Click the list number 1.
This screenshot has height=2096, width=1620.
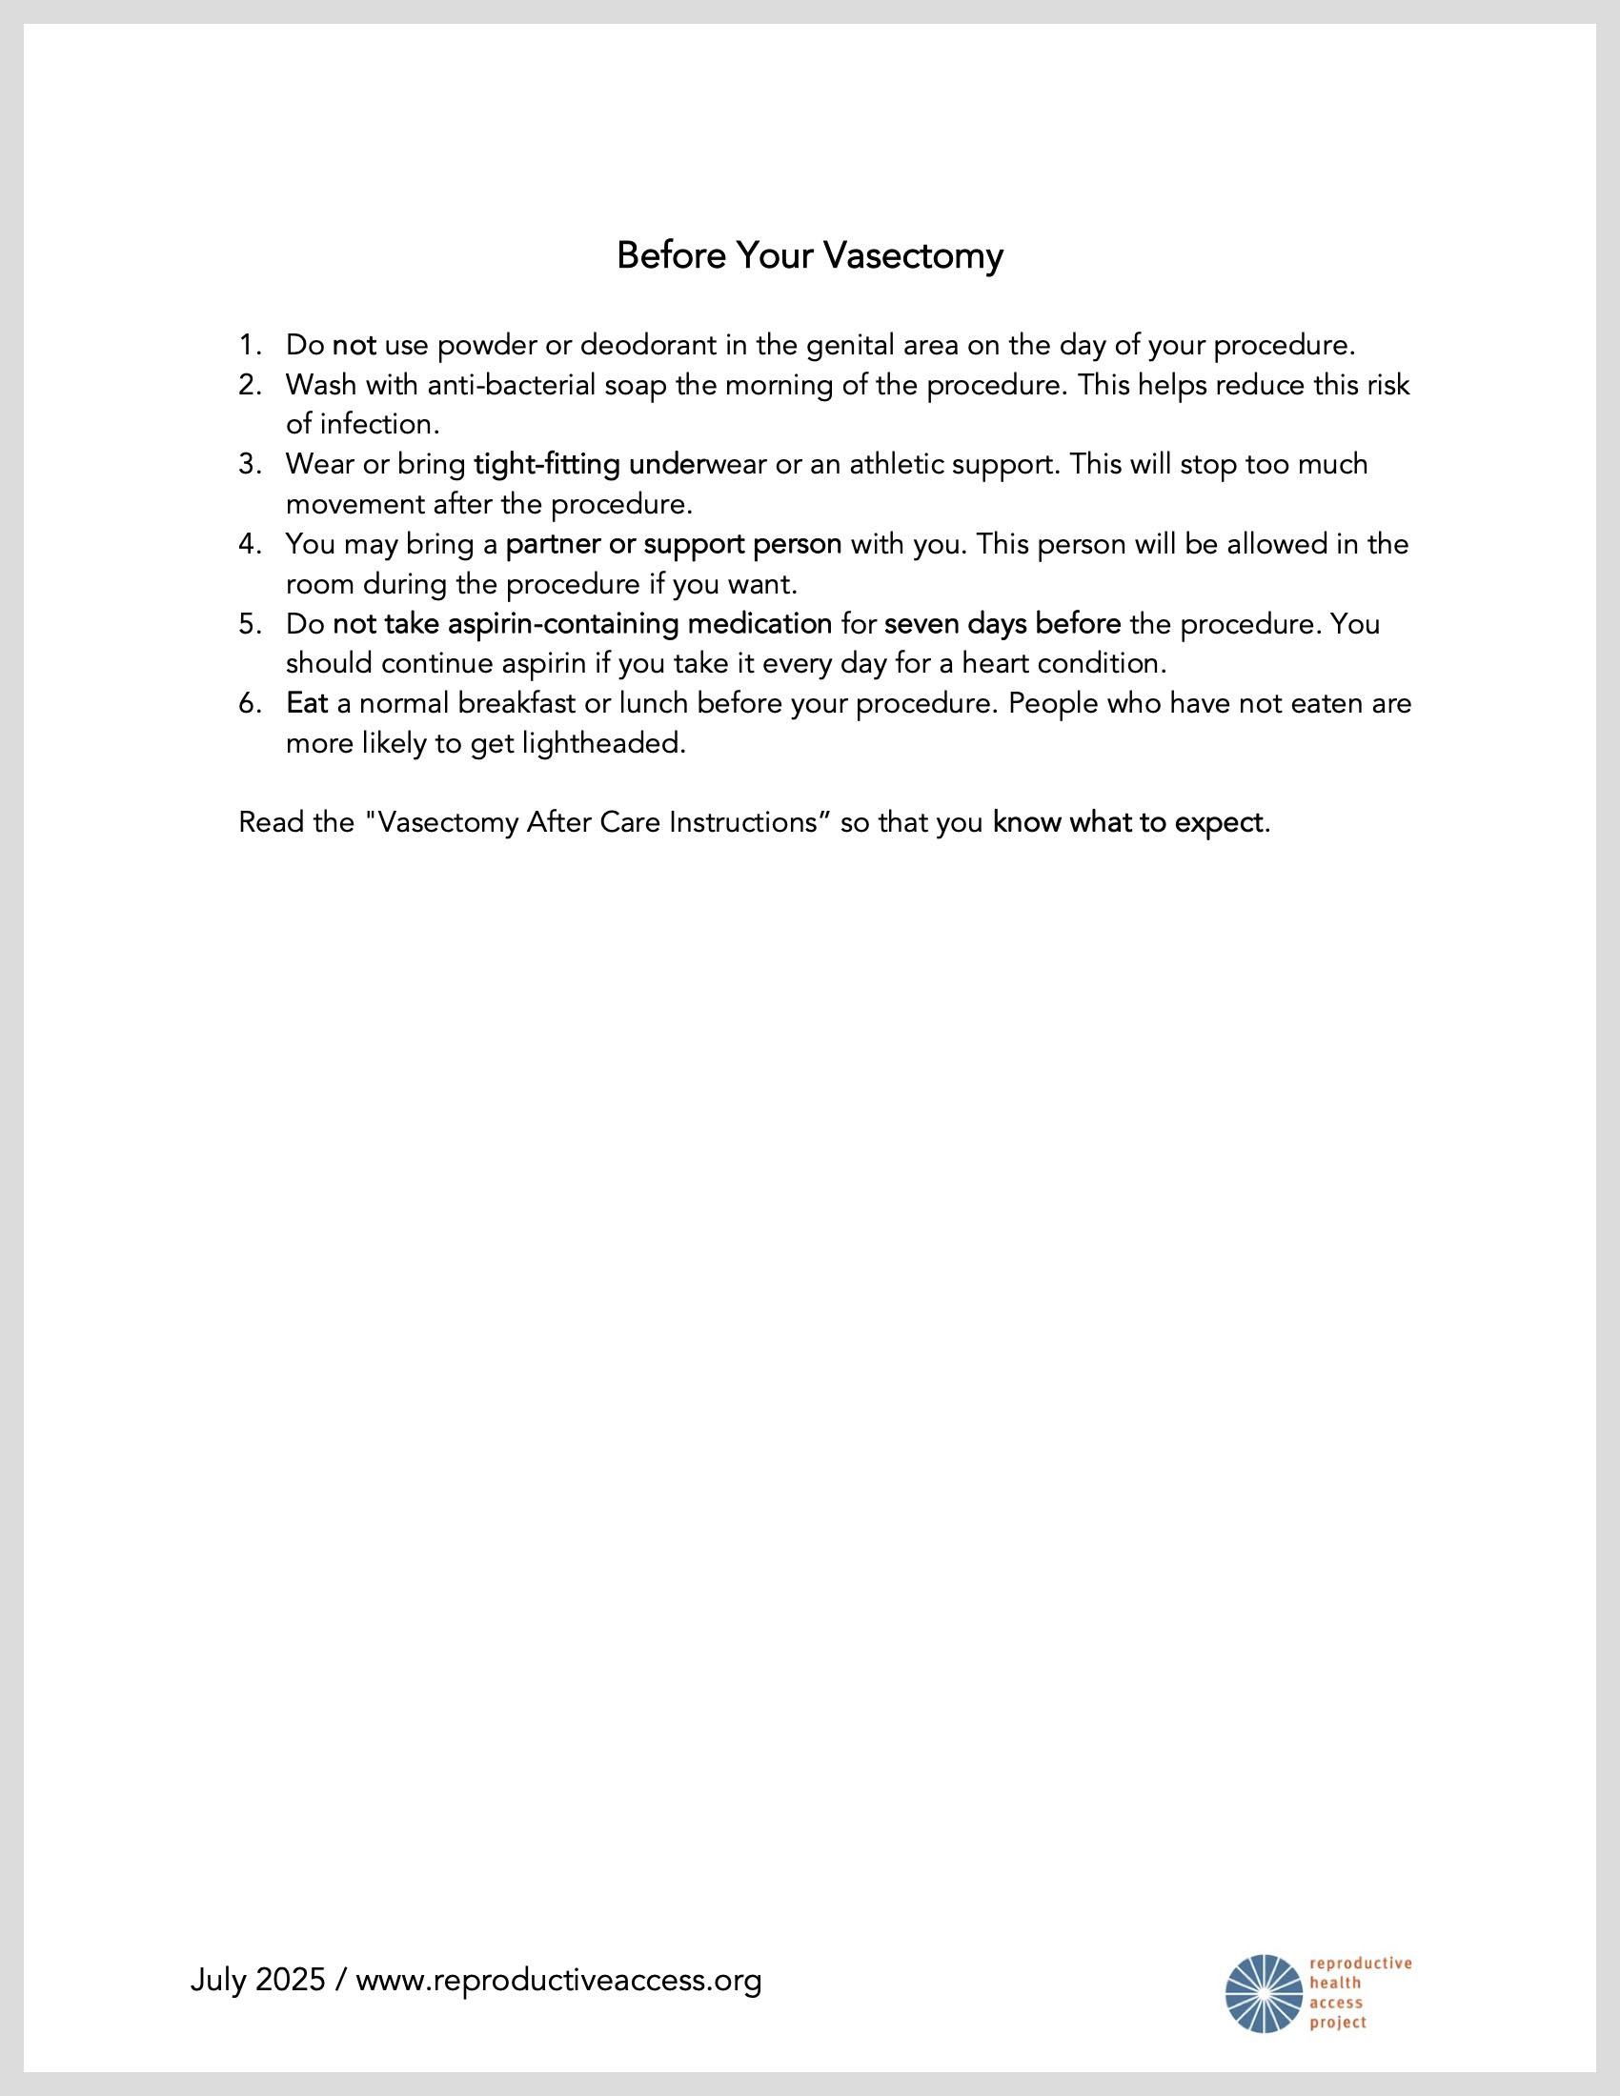[249, 345]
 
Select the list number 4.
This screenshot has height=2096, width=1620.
[249, 544]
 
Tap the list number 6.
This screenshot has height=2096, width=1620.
[249, 703]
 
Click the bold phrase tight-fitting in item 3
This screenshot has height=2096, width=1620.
[547, 465]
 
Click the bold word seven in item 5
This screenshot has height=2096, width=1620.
[921, 624]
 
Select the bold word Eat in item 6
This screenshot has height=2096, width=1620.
[307, 703]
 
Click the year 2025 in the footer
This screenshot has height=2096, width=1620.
[289, 1980]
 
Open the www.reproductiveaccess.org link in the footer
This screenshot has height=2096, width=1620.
[558, 1980]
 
